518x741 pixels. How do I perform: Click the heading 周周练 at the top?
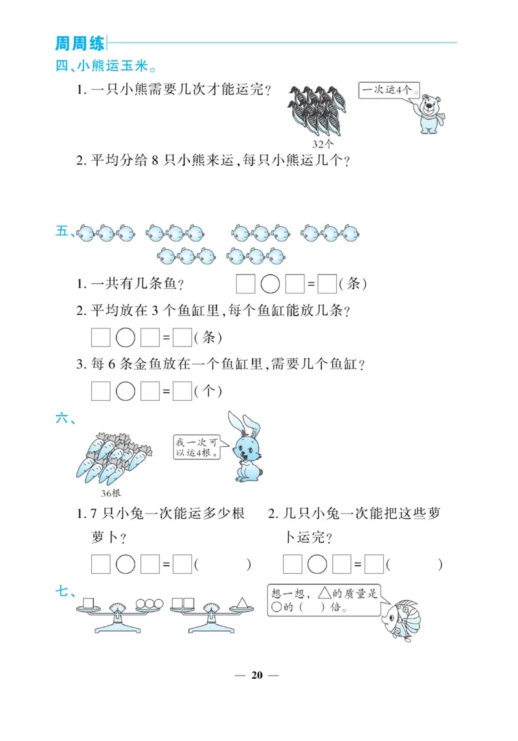80,43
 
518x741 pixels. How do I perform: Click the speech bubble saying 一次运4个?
388,90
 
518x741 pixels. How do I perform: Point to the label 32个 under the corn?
323,144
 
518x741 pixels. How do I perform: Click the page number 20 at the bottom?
257,675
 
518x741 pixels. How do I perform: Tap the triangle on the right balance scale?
242,602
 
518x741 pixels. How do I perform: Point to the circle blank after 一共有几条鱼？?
270,284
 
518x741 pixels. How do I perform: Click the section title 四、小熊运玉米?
107,66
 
